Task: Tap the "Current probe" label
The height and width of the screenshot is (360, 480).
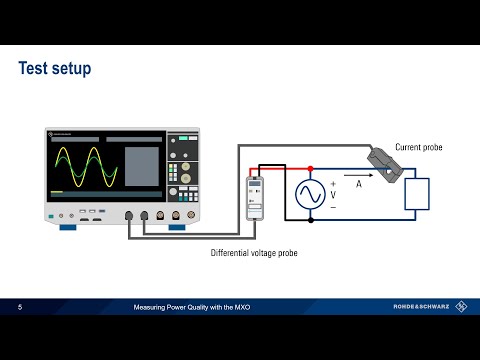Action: (x=418, y=147)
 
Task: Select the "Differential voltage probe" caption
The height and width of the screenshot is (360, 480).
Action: (x=254, y=253)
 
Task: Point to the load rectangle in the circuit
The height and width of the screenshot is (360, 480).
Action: (x=416, y=193)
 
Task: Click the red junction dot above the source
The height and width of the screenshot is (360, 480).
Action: (x=310, y=168)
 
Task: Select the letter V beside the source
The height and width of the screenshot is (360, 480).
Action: (x=333, y=195)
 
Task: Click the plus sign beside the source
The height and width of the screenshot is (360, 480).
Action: (x=333, y=183)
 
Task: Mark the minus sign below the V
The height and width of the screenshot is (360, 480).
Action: (x=333, y=207)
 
